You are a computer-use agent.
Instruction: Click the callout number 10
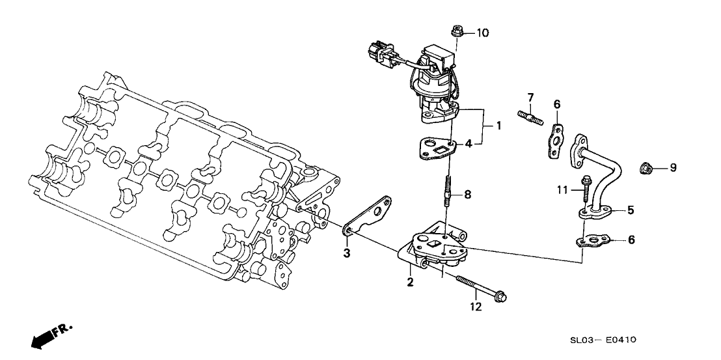[483, 33]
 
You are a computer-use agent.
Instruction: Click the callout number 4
[468, 143]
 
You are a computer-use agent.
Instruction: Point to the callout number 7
[530, 98]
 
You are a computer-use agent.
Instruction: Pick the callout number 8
[468, 195]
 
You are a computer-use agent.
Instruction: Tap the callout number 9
[673, 168]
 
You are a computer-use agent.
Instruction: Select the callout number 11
[564, 189]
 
